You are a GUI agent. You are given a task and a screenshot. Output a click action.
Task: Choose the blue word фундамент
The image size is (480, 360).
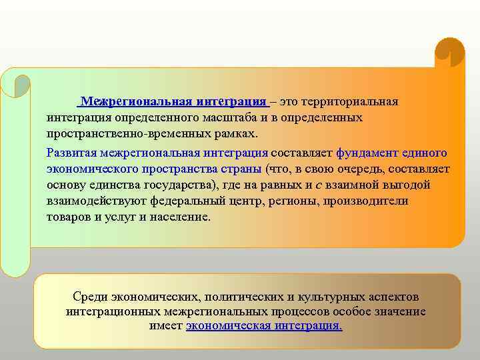[367, 153]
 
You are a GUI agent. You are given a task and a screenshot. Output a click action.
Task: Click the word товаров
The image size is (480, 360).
[70, 217]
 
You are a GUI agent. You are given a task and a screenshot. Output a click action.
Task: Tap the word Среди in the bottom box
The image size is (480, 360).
[89, 297]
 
